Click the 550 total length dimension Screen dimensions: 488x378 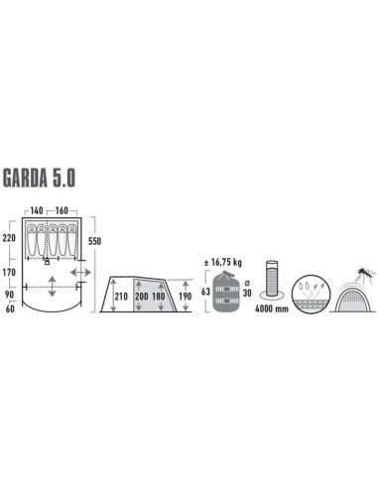point(95,241)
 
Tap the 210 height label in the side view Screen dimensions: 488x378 point(121,296)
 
